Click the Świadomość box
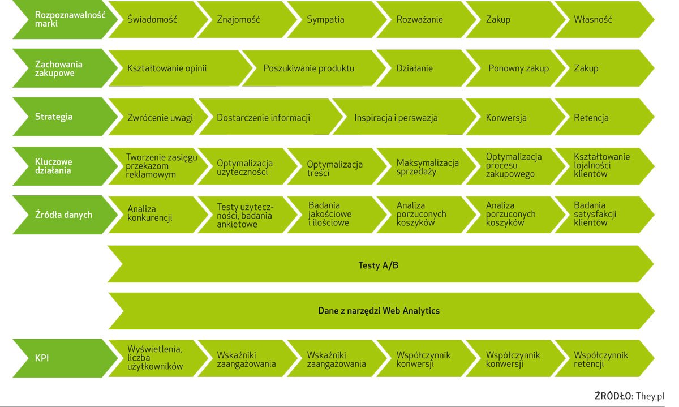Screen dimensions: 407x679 [152, 20]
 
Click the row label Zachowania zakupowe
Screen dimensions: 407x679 [58, 68]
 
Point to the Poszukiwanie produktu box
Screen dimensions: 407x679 [309, 68]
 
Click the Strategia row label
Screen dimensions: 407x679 [54, 117]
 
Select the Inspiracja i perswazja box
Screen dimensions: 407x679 [396, 118]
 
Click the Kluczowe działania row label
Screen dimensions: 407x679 [54, 166]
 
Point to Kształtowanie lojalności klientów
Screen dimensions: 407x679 [601, 165]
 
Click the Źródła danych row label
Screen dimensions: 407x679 [63, 215]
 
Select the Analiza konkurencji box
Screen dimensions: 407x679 [150, 214]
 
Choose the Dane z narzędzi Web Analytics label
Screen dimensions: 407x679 [378, 311]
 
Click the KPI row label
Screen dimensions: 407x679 [42, 358]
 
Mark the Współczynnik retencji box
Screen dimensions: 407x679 [601, 359]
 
